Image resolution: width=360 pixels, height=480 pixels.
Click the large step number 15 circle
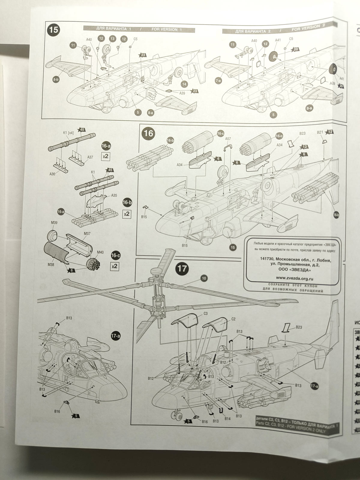(x=55, y=30)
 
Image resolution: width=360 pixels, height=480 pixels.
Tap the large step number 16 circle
(x=148, y=133)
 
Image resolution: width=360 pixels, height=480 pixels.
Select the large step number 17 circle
(x=182, y=268)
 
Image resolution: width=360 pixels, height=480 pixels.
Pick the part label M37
(x=87, y=233)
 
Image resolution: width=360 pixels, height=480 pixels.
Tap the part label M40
(x=100, y=252)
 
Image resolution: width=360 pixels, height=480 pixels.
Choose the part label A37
(x=90, y=157)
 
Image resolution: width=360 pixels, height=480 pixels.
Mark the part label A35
(x=114, y=195)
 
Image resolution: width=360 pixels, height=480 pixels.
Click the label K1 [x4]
(x=68, y=132)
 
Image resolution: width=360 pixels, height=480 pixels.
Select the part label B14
(x=227, y=418)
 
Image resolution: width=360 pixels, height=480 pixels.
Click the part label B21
(x=320, y=132)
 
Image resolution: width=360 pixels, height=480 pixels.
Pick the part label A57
(x=228, y=139)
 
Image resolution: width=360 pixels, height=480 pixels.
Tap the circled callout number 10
(x=204, y=279)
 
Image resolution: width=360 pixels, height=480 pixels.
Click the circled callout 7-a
(x=218, y=80)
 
